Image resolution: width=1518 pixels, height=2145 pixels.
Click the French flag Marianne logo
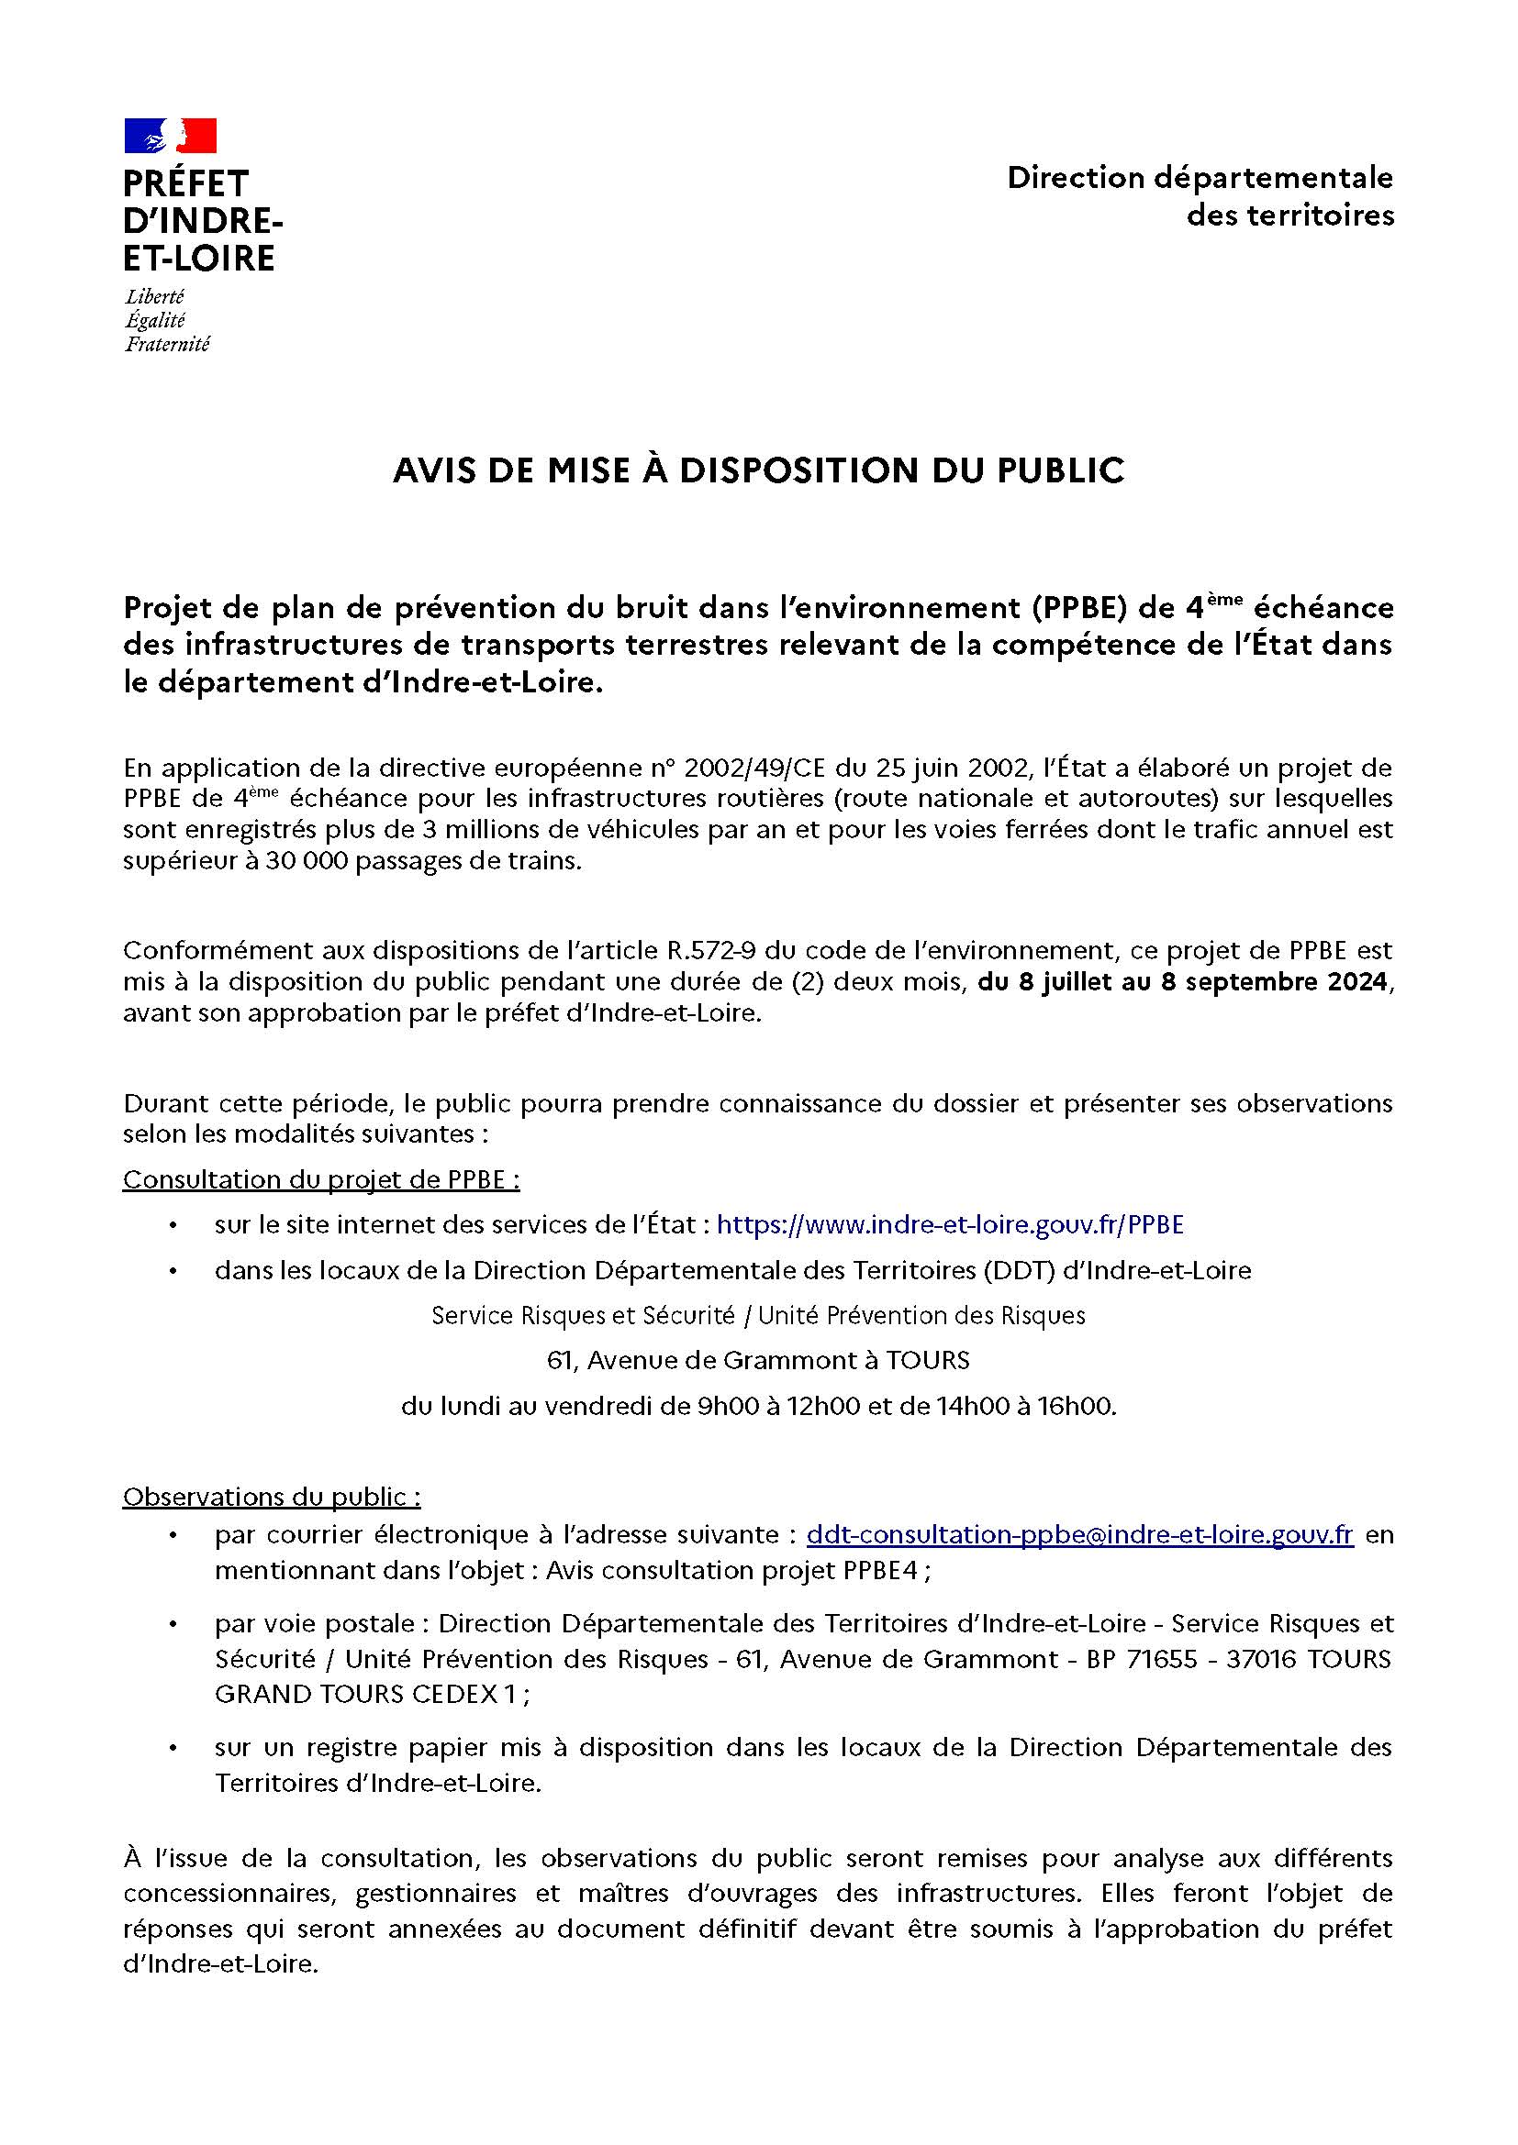(x=170, y=136)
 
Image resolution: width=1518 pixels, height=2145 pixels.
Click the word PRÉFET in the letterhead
(x=186, y=183)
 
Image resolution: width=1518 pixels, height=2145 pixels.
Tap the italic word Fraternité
(x=167, y=345)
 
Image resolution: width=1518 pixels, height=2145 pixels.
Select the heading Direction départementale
(x=1200, y=178)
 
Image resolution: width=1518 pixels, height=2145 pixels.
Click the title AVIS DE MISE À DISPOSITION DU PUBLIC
(x=758, y=470)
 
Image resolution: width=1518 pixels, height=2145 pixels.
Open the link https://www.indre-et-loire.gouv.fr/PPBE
(x=950, y=1225)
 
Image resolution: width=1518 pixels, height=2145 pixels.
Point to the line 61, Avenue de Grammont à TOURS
(x=758, y=1360)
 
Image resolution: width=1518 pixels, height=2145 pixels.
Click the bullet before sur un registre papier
(x=173, y=1748)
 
